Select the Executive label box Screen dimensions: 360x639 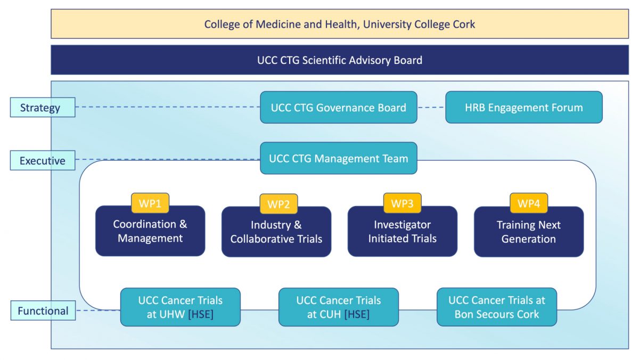(x=43, y=160)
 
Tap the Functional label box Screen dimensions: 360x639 (x=43, y=310)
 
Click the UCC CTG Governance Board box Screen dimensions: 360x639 (x=338, y=108)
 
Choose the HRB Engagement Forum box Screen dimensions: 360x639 (x=523, y=108)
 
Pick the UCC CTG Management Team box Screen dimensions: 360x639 (x=338, y=158)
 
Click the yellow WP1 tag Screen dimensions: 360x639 (x=150, y=203)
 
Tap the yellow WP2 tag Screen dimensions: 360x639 (x=278, y=204)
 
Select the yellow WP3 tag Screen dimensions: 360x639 (x=402, y=203)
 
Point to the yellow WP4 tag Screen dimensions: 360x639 (x=529, y=203)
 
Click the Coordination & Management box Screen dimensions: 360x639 (x=150, y=233)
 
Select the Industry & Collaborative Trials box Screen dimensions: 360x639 (x=276, y=233)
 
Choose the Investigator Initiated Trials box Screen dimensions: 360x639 (x=402, y=233)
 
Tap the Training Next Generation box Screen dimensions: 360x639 (x=528, y=233)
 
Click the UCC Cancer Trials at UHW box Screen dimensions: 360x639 (x=180, y=307)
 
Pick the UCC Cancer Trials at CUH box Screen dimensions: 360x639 (x=338, y=307)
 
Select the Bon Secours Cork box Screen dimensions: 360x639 (x=496, y=307)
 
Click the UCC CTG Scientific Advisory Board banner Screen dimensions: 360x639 (x=339, y=60)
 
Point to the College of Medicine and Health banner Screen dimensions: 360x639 (x=339, y=24)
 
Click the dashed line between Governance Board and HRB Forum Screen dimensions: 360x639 (x=431, y=108)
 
